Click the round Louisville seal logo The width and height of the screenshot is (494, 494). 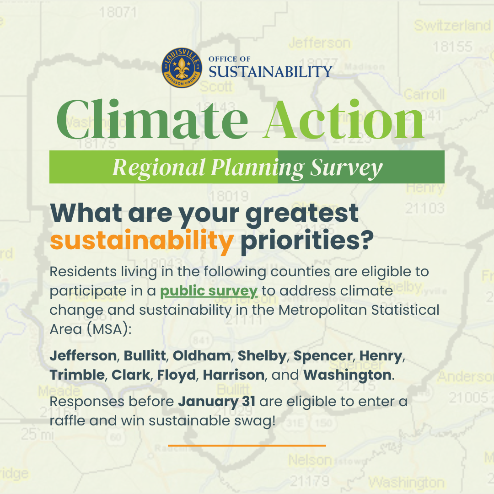182,67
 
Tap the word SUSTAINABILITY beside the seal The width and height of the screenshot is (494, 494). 270,71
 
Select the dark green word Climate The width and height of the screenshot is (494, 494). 152,119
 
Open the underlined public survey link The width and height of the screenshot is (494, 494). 209,291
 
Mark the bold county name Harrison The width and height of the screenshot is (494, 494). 234,375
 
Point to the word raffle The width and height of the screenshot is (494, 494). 67,420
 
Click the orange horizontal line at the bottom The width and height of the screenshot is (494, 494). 247,445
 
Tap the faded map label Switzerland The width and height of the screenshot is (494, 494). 452,26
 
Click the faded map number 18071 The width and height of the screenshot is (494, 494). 118,12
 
